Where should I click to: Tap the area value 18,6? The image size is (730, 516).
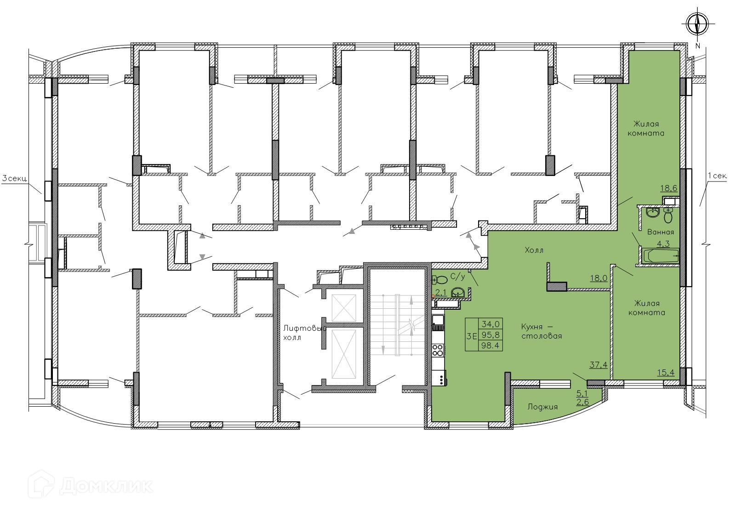[x=669, y=188]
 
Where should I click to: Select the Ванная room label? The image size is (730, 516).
[x=661, y=232]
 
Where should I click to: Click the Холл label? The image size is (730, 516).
[x=534, y=250]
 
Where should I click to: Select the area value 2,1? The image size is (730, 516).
[x=441, y=293]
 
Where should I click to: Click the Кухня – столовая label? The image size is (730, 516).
[x=542, y=331]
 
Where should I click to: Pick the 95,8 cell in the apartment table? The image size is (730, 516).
[x=490, y=335]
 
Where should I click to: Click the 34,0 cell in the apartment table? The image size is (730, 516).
[x=490, y=324]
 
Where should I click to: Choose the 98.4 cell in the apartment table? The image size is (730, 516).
[x=490, y=346]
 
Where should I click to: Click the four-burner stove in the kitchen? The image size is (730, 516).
[x=438, y=350]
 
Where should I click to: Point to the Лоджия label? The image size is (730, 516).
[x=542, y=407]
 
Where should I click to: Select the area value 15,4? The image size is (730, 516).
[x=666, y=372]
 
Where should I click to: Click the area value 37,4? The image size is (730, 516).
[x=599, y=364]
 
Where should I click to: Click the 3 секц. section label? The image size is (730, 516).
[x=15, y=179]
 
